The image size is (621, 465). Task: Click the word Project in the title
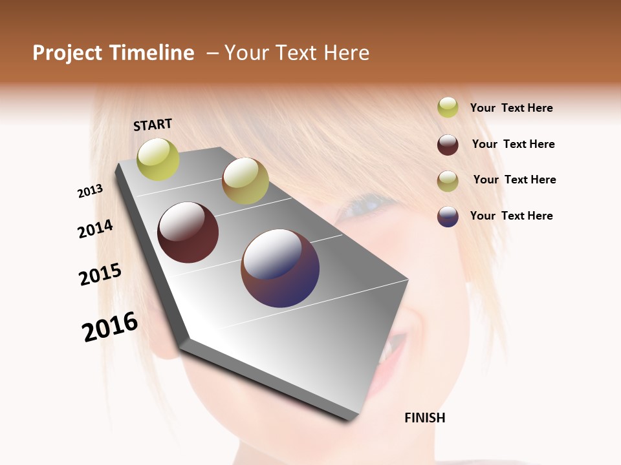tap(67, 53)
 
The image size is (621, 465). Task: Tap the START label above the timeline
tap(153, 125)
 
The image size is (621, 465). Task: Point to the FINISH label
tap(424, 418)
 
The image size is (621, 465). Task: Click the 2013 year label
tap(91, 191)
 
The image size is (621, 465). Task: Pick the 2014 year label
tap(95, 229)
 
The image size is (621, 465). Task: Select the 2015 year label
tap(100, 274)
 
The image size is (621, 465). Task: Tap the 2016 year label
tap(110, 326)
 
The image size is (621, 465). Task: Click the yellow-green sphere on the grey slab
tap(158, 159)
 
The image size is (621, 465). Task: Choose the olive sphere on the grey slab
tap(245, 181)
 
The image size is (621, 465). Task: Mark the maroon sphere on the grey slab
tap(188, 232)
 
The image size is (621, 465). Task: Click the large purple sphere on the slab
tap(280, 268)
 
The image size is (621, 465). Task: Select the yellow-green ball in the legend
tap(448, 107)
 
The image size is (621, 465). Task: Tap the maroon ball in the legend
tap(448, 145)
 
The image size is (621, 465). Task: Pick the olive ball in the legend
tap(448, 181)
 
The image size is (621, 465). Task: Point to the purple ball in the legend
tap(448, 216)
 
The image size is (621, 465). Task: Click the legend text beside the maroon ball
tap(513, 144)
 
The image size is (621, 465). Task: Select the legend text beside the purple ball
tap(511, 216)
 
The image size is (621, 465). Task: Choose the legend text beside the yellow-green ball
tap(511, 108)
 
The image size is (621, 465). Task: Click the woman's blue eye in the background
tap(365, 208)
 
